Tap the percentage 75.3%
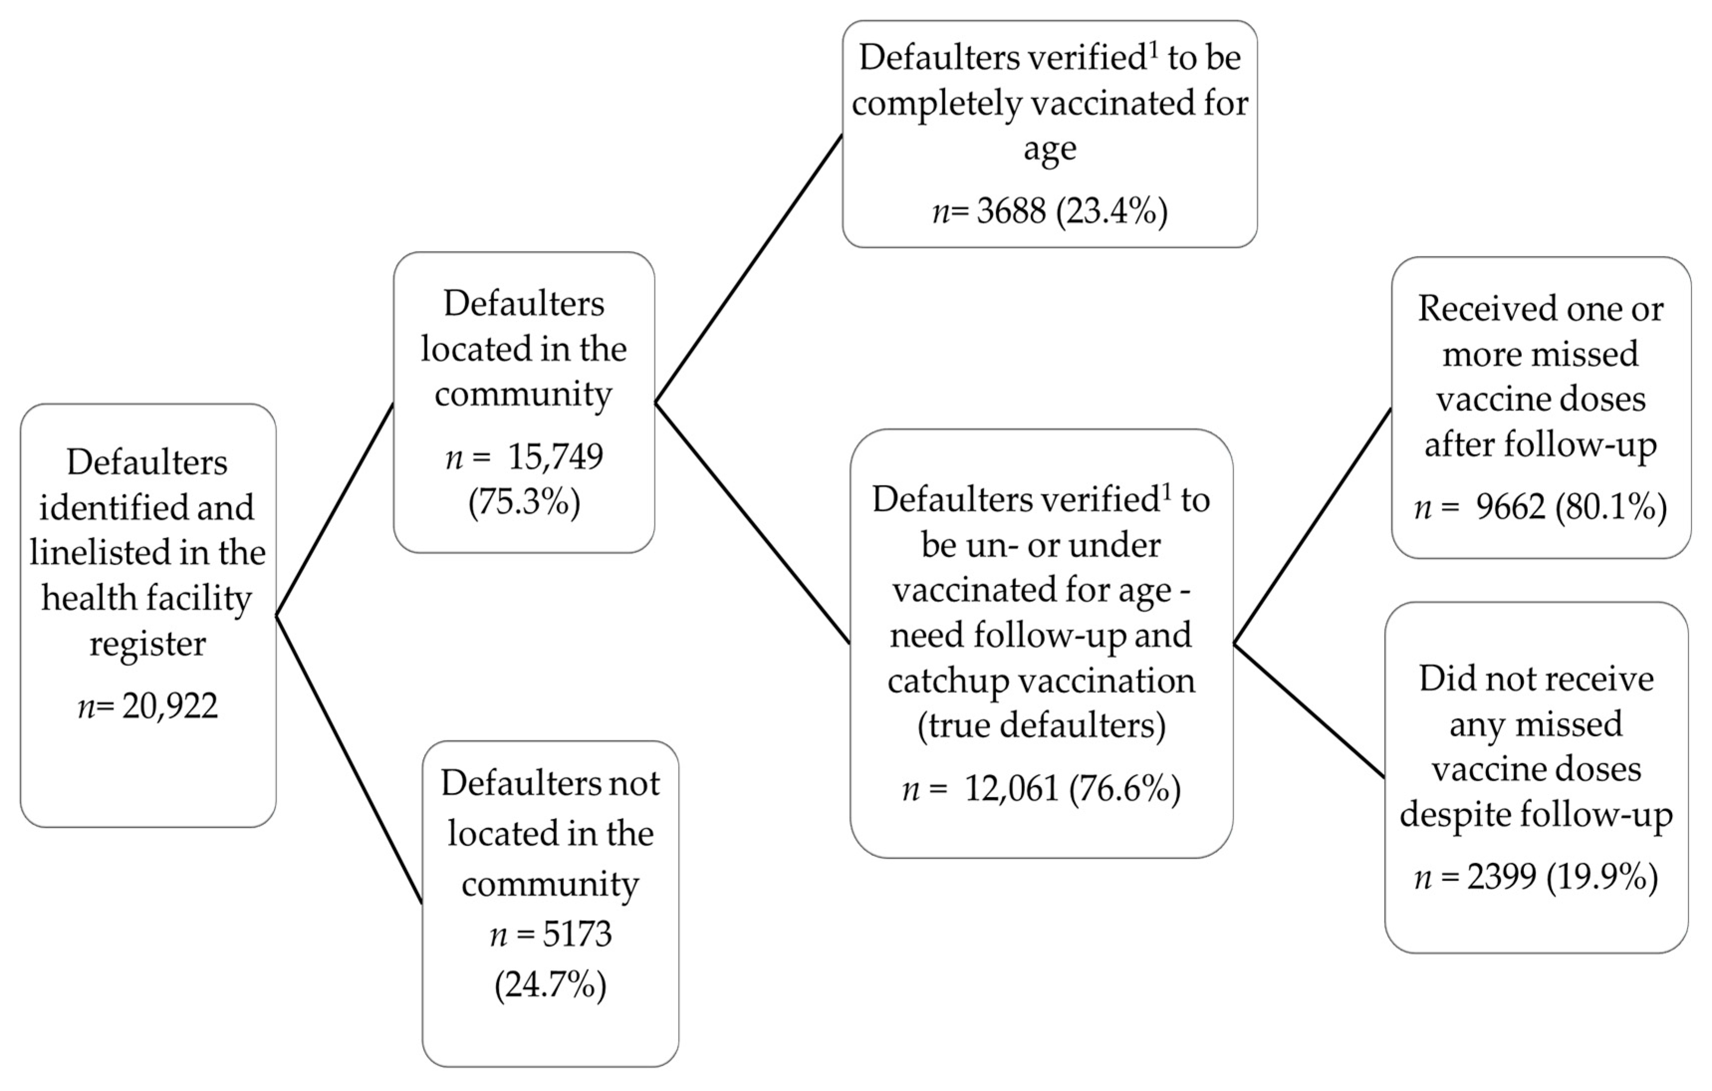pos(524,503)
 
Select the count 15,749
pos(555,457)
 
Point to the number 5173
pos(577,934)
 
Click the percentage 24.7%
pos(551,985)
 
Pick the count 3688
pos(1012,211)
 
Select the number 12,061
pos(1012,789)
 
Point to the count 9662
pos(1510,507)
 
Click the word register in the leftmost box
pos(148,644)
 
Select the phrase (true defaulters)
pos(1041,726)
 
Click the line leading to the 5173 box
pos(349,759)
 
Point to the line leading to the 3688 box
pos(749,269)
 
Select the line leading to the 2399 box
pos(1309,711)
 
